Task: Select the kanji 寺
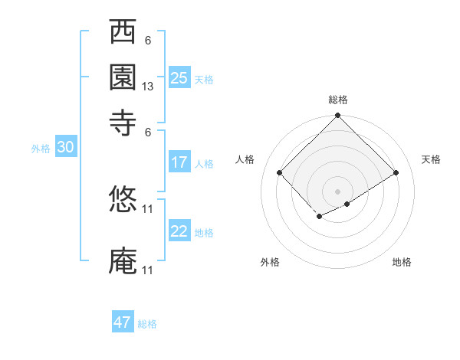click(123, 120)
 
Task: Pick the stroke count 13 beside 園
click(148, 87)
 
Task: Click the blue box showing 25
click(179, 77)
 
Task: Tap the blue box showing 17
click(179, 162)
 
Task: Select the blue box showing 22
click(179, 231)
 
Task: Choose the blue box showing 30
click(64, 148)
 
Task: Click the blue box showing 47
click(123, 322)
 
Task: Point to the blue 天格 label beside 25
click(204, 80)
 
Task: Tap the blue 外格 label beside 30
click(41, 149)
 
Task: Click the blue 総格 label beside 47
click(147, 324)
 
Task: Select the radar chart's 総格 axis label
click(338, 100)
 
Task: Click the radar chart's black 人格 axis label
click(245, 159)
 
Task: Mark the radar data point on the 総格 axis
click(337, 117)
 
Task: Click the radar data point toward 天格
click(396, 172)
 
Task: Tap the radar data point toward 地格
click(347, 204)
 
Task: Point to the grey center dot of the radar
click(337, 191)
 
